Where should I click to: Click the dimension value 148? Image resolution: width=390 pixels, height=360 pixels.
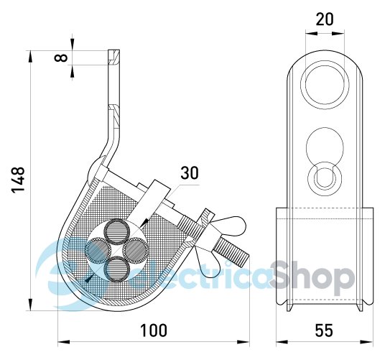18,180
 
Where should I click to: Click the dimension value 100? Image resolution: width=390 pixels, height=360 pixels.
154,330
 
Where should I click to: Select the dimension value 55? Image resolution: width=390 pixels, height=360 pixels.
324,331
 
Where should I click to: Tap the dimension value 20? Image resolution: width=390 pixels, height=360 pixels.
325,19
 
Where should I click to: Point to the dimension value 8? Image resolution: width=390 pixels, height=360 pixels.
61,57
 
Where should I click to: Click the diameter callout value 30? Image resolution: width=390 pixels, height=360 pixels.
190,173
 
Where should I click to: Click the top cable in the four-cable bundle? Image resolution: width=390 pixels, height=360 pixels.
116,232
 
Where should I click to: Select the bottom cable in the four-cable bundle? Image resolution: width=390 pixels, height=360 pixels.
116,269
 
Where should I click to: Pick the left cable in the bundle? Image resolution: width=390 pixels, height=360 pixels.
98,250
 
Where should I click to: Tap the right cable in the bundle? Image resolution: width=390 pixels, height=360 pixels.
136,250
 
